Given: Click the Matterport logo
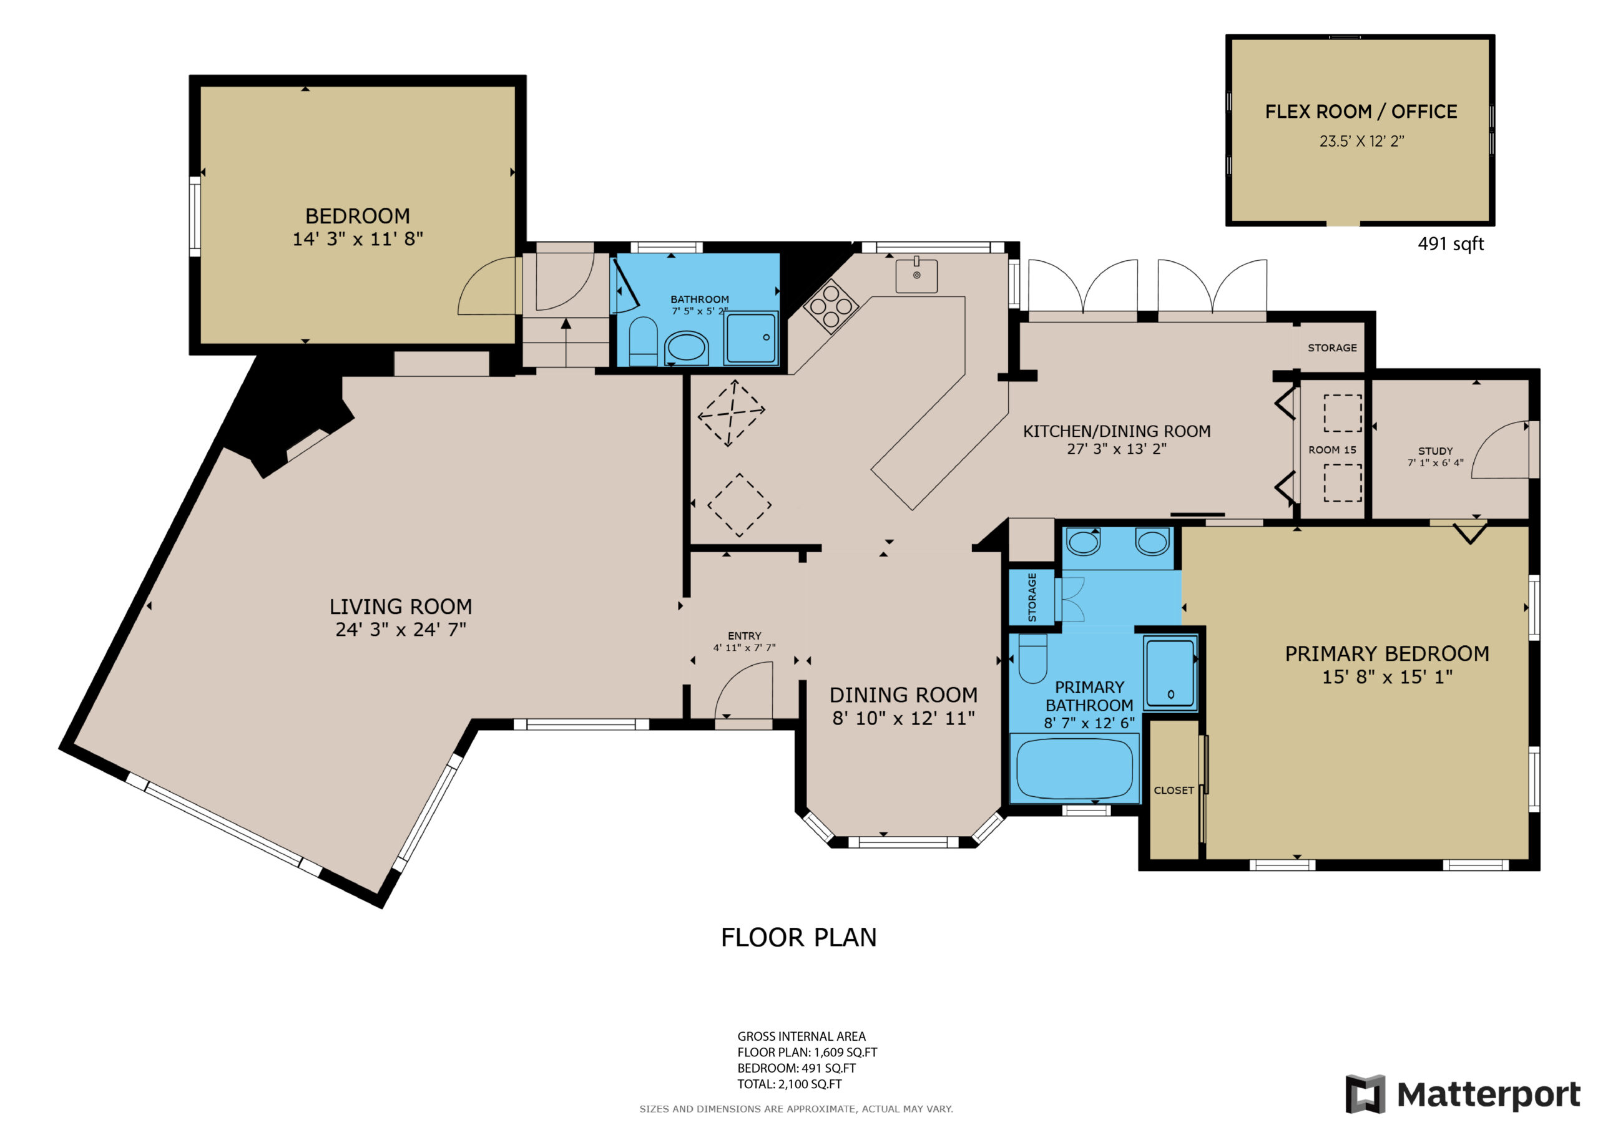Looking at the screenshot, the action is pos(1461,1094).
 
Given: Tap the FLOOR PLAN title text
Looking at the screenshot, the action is pos(799,937).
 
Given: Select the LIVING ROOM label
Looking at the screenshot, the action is pos(401,606).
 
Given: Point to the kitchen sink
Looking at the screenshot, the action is pos(916,276).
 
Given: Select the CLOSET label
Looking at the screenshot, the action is pos(1174,791).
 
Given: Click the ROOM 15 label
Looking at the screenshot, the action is pos(1332,451).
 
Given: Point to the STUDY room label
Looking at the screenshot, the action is pos(1435,451).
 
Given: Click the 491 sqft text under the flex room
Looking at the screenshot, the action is pos(1451,244).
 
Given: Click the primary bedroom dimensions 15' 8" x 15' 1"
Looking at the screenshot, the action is pos(1387,677).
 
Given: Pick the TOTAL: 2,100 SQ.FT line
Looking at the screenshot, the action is pos(789,1084).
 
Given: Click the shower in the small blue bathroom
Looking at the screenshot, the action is pos(751,338).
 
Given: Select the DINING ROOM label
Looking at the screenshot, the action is pos(903,695).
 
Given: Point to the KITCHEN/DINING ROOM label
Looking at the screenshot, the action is pos(1116,431).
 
